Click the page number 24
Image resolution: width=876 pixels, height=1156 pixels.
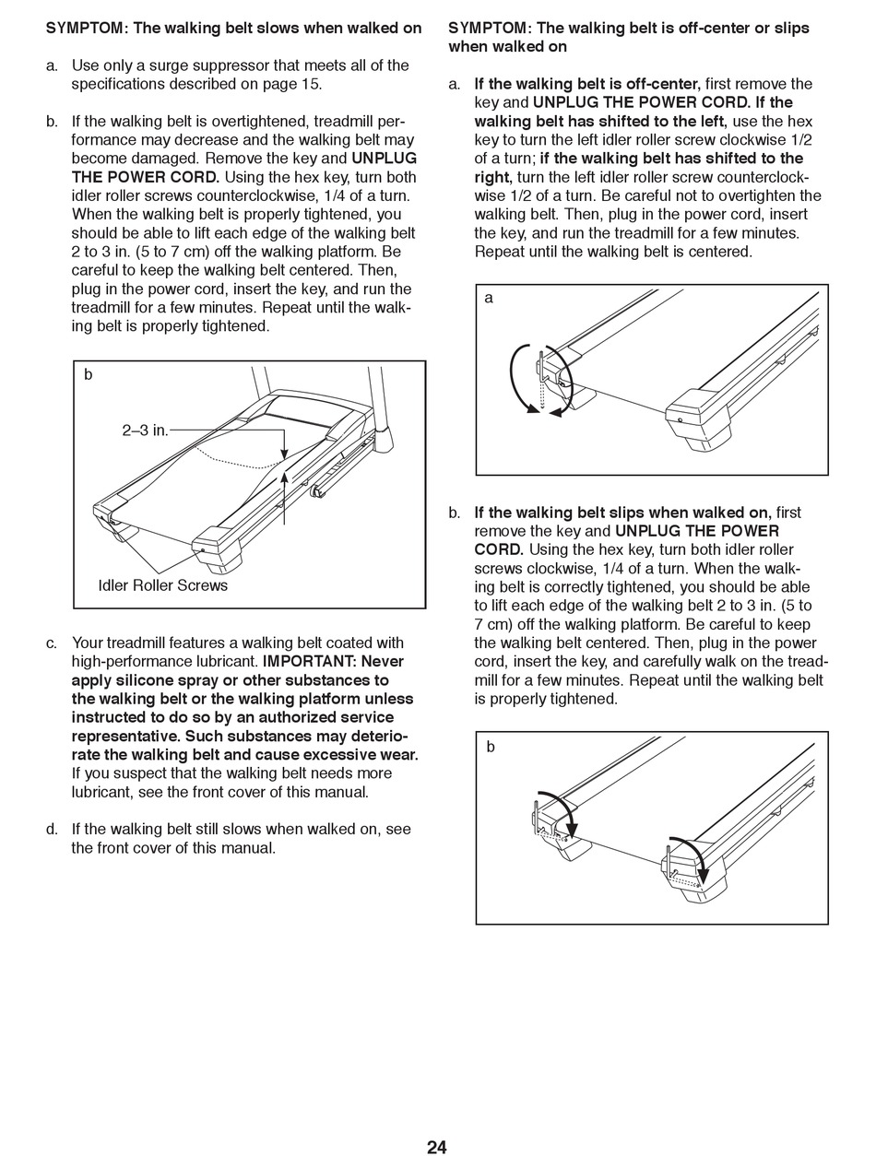click(x=436, y=1147)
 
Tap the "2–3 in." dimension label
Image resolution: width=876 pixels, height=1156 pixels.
click(x=145, y=430)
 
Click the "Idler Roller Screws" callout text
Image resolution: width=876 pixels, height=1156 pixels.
click(x=162, y=585)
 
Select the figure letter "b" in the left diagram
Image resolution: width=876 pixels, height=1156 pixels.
click(x=89, y=374)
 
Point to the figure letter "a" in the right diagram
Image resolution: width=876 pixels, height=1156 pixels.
click(x=489, y=298)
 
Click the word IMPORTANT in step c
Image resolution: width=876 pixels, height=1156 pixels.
click(x=305, y=661)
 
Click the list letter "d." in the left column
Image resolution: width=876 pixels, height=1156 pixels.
click(x=53, y=829)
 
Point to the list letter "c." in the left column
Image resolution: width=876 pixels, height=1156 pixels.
click(x=53, y=643)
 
